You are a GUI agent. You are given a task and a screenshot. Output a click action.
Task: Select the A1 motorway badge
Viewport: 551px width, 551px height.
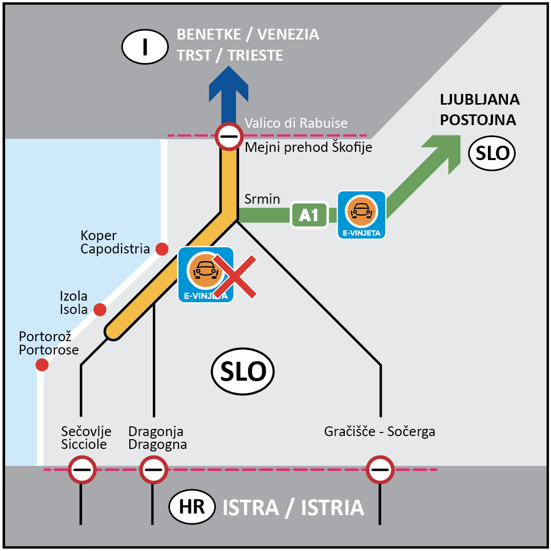[x=309, y=215]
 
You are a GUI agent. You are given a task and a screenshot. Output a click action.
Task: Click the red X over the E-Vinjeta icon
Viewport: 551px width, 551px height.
[x=235, y=277]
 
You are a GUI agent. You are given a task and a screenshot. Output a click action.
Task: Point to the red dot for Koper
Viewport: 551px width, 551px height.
[x=162, y=249]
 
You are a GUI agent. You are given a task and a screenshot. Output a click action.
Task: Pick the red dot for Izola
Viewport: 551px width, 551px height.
[x=100, y=309]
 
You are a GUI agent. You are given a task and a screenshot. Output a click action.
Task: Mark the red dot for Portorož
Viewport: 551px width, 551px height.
[x=42, y=365]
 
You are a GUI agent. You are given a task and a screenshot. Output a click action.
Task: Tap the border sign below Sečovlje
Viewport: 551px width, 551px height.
[x=82, y=469]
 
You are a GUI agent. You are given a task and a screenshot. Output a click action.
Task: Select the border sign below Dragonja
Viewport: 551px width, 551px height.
[x=153, y=469]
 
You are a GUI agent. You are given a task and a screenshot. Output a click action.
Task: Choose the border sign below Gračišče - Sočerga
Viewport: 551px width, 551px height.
[x=380, y=469]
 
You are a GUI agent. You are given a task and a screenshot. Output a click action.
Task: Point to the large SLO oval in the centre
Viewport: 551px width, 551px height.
[x=243, y=372]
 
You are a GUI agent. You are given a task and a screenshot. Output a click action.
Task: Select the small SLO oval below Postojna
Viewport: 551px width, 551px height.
[x=492, y=153]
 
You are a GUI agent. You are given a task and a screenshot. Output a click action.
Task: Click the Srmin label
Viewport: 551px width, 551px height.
[x=262, y=199]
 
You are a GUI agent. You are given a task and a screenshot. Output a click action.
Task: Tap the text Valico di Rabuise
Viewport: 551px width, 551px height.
[x=296, y=123]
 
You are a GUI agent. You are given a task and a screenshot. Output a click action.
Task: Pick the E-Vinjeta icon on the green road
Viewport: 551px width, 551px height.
[x=362, y=214]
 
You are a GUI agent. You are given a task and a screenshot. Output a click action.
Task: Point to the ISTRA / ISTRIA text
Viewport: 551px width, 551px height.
[x=293, y=508]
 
